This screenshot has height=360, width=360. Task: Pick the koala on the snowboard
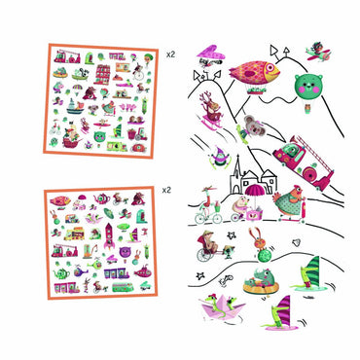tap(253, 128)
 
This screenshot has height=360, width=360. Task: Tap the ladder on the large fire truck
tap(313, 153)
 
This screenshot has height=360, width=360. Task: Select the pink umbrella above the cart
tap(255, 189)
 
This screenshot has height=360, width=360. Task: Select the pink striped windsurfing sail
tap(284, 308)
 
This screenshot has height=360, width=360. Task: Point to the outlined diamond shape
tap(296, 243)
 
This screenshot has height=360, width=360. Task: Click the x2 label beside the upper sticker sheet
tap(170, 54)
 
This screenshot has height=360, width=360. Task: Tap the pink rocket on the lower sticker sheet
tap(109, 236)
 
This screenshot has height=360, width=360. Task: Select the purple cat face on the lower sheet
tap(126, 252)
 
